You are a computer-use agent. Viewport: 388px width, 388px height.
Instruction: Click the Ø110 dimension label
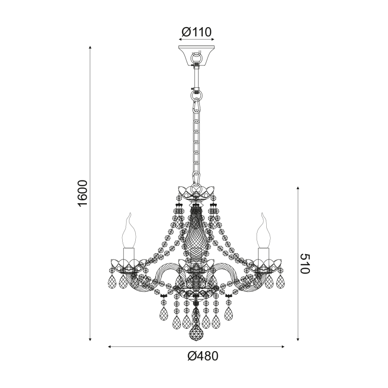pyautogui.click(x=196, y=32)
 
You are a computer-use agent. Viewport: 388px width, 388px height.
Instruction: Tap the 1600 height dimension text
pyautogui.click(x=82, y=193)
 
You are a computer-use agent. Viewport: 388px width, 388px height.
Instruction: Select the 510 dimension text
pyautogui.click(x=305, y=264)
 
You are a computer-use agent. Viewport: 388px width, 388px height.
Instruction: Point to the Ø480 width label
pyautogui.click(x=203, y=356)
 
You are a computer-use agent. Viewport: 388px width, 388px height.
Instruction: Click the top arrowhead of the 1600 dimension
pyautogui.click(x=91, y=47)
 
